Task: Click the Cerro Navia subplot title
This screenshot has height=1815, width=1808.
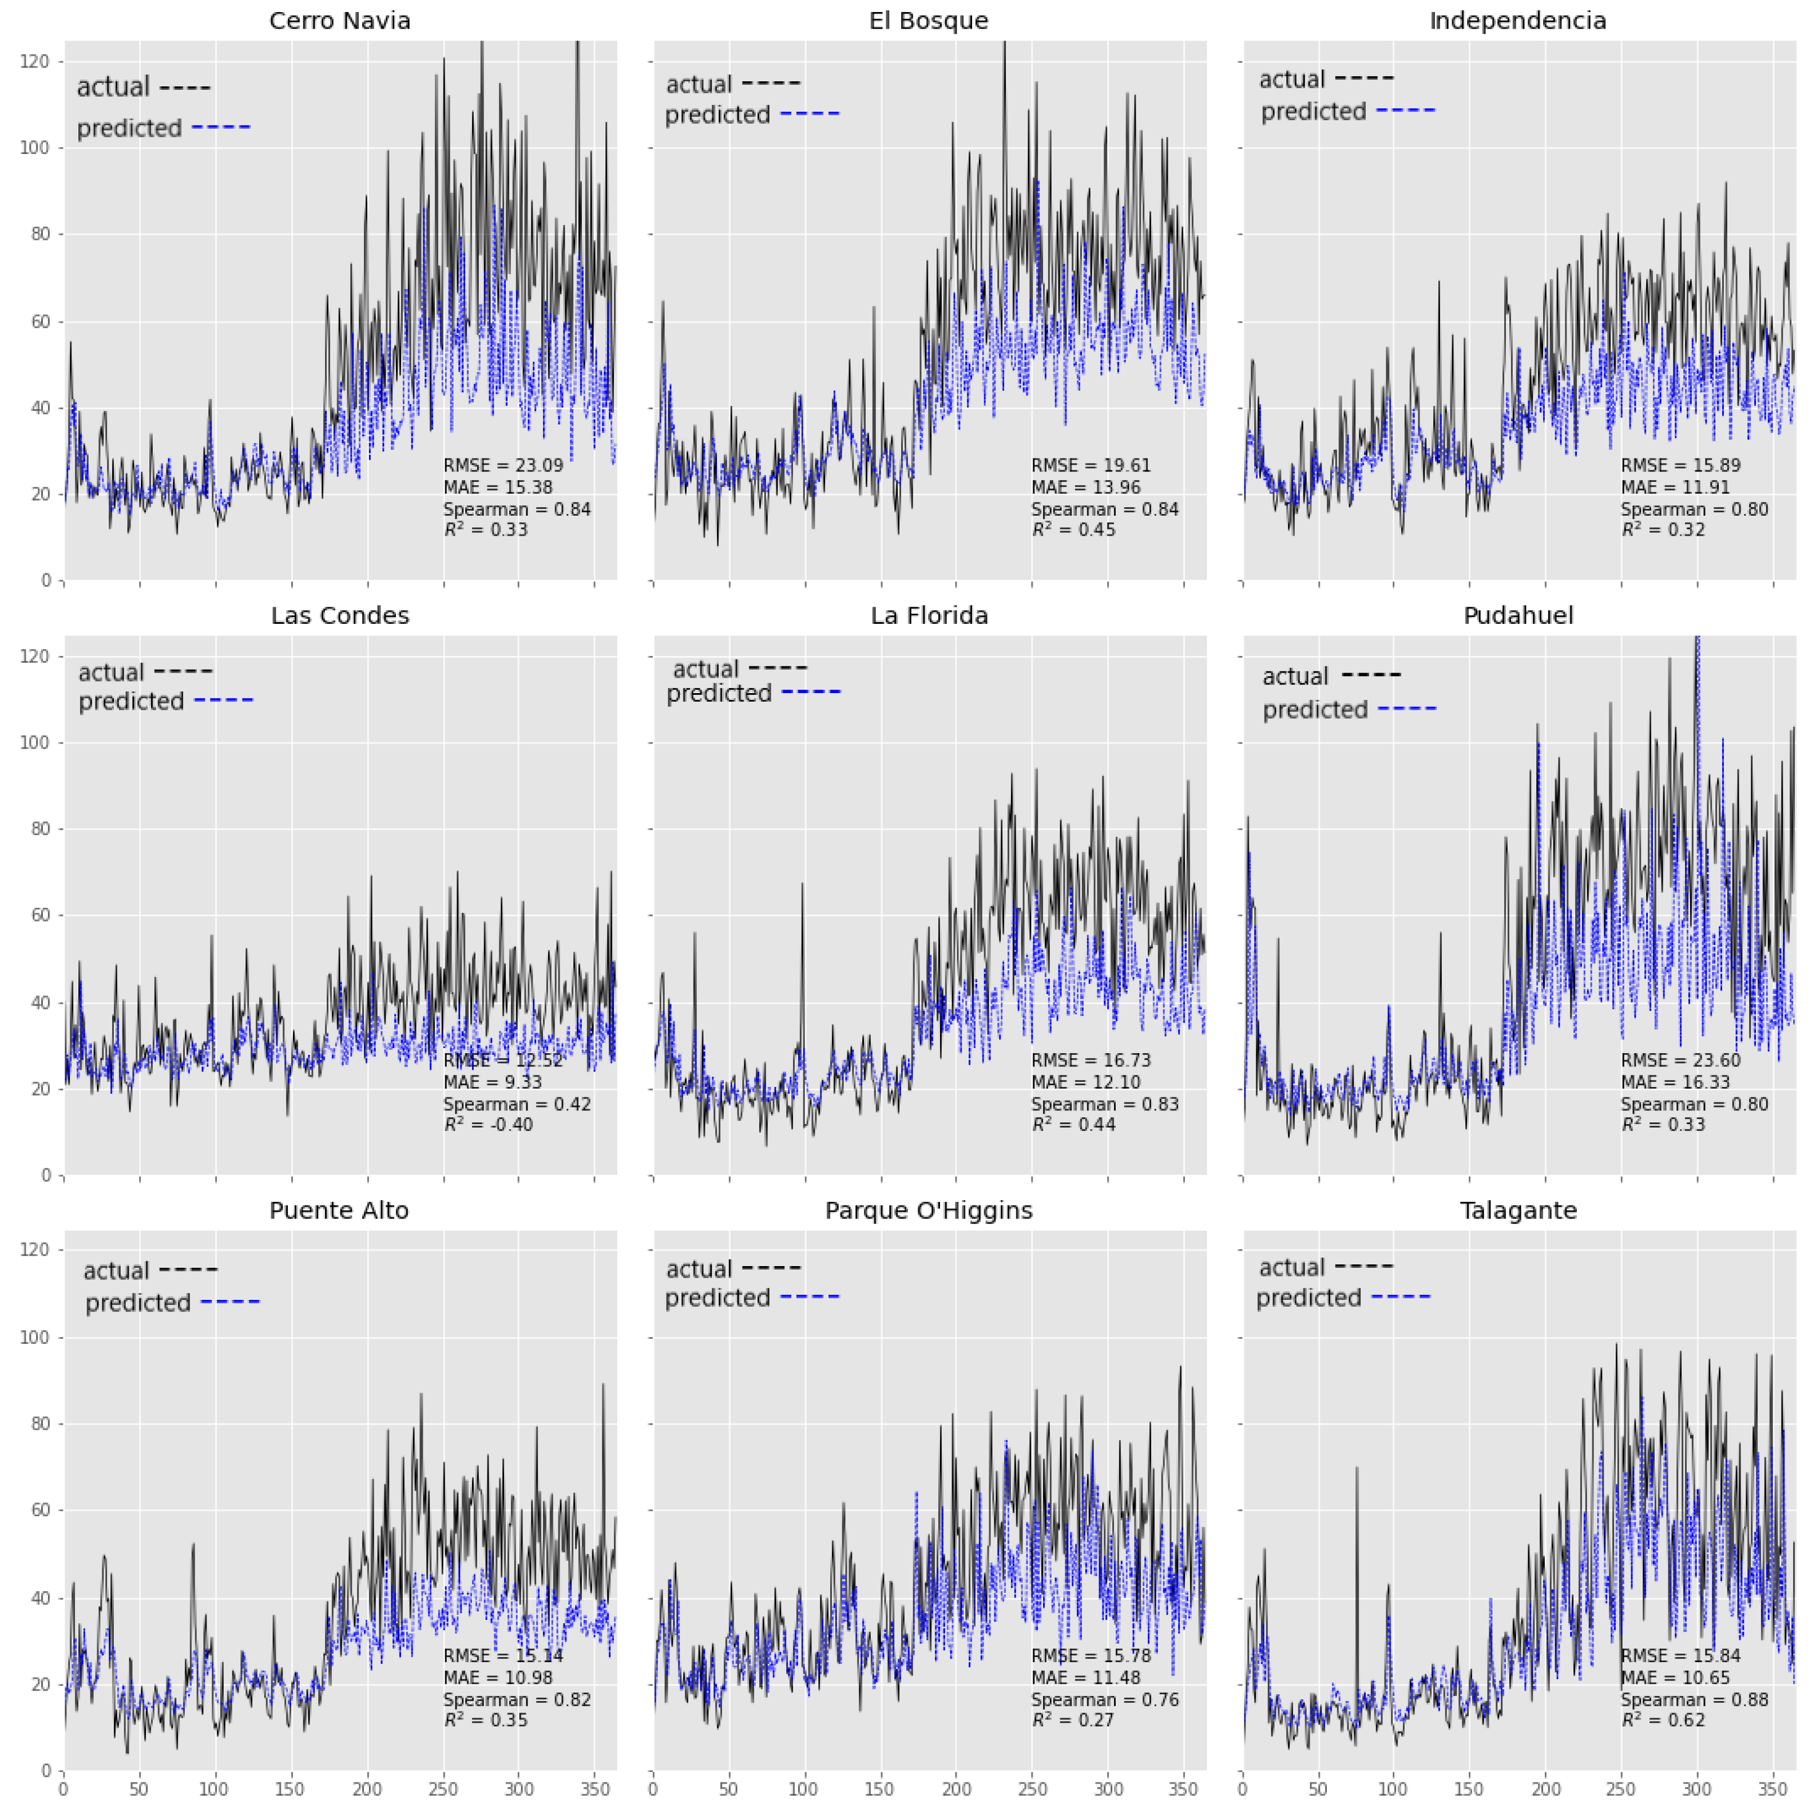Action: tap(339, 21)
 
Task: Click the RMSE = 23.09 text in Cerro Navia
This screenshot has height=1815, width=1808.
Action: tap(503, 465)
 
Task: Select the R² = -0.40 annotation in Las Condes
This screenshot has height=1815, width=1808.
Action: tap(489, 1125)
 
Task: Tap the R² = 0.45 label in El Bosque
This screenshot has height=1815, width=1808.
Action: tap(1073, 530)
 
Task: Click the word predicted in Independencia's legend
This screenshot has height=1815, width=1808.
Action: tap(1313, 112)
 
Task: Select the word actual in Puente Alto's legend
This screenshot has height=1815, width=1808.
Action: tap(117, 1271)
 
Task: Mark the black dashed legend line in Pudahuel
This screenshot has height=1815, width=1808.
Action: tap(1371, 674)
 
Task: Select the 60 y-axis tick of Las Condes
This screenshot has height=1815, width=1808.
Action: tap(38, 915)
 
